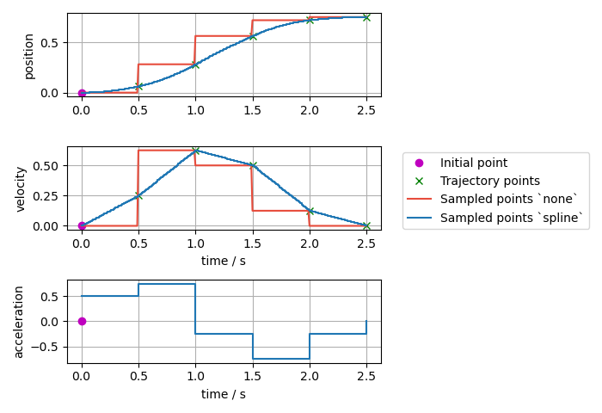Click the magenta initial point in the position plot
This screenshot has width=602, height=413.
82,93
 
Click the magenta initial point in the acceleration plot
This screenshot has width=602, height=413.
82,321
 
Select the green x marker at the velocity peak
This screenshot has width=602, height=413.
195,151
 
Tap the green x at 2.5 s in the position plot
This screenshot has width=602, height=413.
366,17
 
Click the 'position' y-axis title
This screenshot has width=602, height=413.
29,56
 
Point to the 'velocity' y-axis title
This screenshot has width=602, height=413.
21,189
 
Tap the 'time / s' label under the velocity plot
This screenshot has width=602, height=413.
224,261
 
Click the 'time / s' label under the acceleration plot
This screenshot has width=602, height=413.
224,394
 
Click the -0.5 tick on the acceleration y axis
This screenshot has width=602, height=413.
51,347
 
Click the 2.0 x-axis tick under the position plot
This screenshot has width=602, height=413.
310,110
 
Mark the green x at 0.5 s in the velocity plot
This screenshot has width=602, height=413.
138,195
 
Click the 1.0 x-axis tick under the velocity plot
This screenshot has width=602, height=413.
195,243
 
